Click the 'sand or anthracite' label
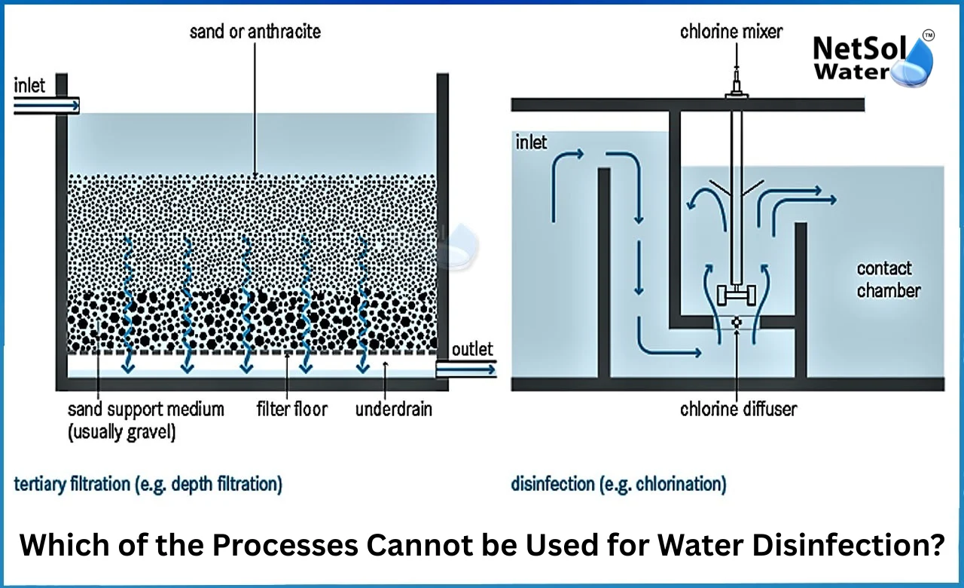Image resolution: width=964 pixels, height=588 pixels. (255, 31)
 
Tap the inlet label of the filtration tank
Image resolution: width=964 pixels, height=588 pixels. (31, 84)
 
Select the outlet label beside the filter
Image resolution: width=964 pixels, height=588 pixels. (472, 348)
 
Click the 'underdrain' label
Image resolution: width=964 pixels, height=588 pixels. (393, 409)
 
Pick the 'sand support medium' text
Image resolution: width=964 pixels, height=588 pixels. (146, 409)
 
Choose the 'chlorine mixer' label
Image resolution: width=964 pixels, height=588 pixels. (731, 32)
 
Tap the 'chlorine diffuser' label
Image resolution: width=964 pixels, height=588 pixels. (738, 409)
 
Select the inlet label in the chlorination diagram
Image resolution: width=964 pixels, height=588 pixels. (531, 142)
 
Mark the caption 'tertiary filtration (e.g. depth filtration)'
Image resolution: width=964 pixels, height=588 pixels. (148, 483)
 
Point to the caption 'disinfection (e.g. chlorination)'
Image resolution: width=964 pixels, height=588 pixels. (618, 483)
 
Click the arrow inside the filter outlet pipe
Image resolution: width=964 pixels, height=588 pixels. (467, 369)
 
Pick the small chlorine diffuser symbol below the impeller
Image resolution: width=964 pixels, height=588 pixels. (737, 323)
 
